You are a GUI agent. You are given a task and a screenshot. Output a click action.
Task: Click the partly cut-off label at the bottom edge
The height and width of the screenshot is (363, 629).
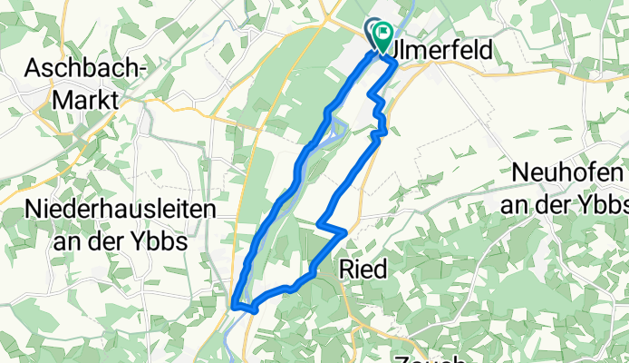tap(427, 358)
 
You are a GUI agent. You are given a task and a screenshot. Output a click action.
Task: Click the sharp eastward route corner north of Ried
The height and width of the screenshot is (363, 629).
tap(344, 232)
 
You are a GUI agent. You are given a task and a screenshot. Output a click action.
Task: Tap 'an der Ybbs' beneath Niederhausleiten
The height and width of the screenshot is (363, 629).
tap(112, 241)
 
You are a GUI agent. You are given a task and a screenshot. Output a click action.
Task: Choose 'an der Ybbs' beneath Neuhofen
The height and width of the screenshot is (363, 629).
tap(565, 202)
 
